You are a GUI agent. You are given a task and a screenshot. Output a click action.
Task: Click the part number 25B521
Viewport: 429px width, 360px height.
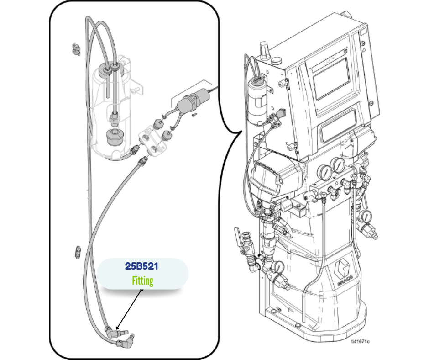(x=141, y=266)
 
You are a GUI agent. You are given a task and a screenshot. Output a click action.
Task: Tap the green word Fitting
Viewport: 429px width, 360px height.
(x=142, y=281)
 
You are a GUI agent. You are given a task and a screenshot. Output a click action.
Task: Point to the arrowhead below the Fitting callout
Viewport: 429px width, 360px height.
(x=117, y=328)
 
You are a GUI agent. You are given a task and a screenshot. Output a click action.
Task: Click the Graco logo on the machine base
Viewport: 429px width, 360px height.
(x=344, y=273)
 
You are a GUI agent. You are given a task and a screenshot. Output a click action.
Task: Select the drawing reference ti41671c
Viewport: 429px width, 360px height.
(x=361, y=341)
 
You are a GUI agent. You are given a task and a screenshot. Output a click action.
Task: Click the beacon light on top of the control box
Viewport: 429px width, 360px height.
(x=264, y=51)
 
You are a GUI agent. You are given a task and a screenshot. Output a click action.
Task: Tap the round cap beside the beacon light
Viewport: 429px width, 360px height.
(x=276, y=60)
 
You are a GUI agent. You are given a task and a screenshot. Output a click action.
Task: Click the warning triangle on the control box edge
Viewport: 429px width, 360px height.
(x=364, y=50)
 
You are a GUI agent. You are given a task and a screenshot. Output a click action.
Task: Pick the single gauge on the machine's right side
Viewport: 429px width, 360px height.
(x=365, y=217)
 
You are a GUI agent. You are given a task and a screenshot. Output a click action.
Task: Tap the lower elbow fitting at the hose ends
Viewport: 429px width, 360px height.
(x=125, y=340)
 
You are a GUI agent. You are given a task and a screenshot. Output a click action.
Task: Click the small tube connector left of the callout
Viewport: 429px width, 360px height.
(x=78, y=252)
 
